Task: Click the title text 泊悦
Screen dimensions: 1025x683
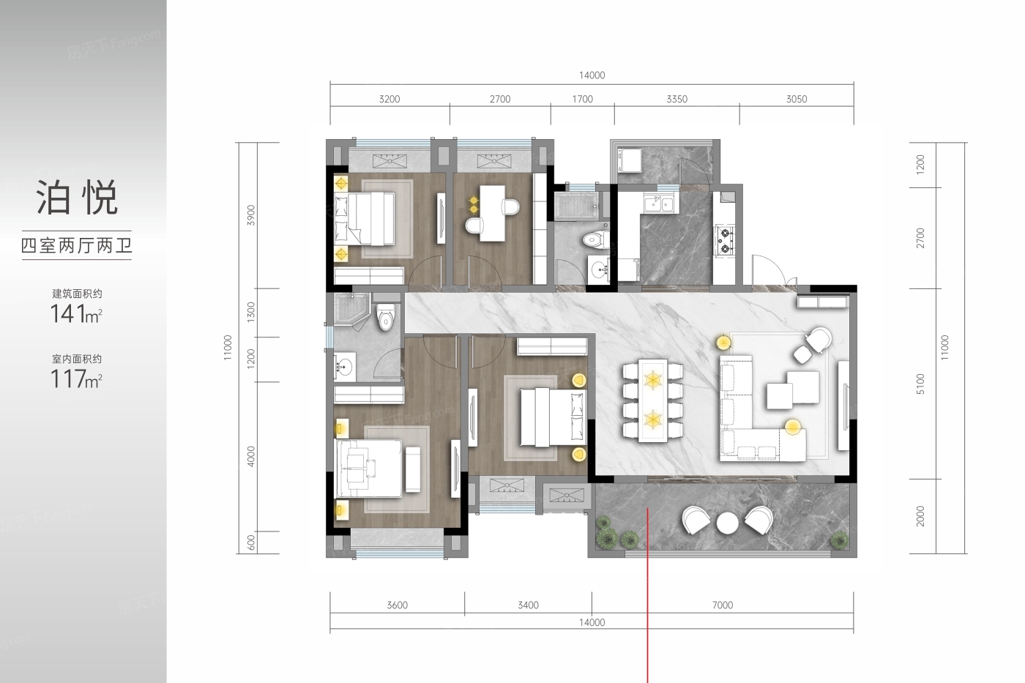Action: tap(77, 197)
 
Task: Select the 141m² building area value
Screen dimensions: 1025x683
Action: tap(76, 314)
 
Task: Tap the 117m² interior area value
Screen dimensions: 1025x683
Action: tap(76, 378)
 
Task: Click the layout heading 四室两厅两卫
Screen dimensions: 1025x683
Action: tap(77, 246)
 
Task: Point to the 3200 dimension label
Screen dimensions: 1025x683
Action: tap(389, 99)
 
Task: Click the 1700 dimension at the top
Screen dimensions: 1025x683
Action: tap(583, 99)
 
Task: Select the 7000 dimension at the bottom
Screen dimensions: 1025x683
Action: tap(723, 605)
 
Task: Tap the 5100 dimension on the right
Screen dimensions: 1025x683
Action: tap(921, 384)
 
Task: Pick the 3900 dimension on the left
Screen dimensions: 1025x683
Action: tap(250, 215)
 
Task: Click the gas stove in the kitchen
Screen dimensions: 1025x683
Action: tap(725, 240)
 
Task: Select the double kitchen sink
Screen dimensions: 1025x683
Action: tap(658, 204)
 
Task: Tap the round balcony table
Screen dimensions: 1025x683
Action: tap(727, 523)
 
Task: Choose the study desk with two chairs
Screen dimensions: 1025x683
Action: tap(492, 213)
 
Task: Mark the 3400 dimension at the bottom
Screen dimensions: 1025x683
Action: tap(528, 605)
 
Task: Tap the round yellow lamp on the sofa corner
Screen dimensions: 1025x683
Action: tap(793, 427)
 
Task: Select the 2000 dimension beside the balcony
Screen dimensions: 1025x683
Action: tap(921, 516)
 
